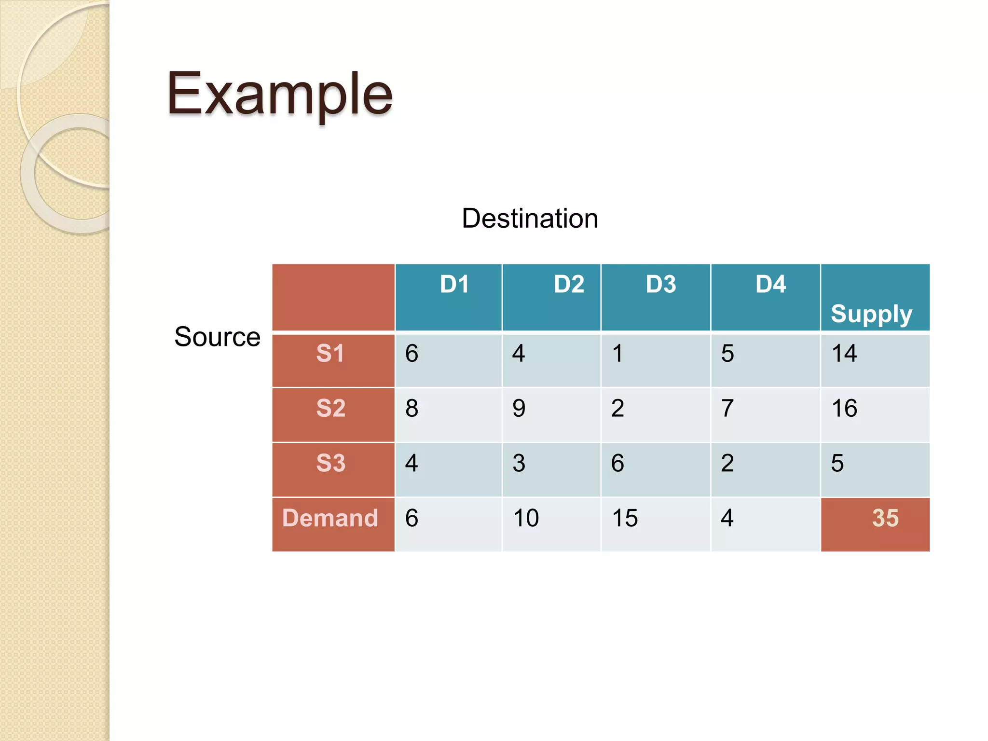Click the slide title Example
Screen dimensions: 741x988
(x=279, y=94)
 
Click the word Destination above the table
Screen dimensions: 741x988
(x=530, y=219)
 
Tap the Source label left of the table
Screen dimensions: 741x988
(x=217, y=337)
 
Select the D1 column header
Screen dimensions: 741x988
(x=454, y=284)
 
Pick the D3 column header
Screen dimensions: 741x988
(x=660, y=284)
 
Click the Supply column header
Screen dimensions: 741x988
(x=871, y=314)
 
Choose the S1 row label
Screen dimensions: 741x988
(x=330, y=353)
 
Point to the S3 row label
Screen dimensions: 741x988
(x=330, y=463)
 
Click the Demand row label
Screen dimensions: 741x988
(x=330, y=518)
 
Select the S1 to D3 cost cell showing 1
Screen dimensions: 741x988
(x=617, y=354)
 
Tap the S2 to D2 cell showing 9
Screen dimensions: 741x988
(x=519, y=409)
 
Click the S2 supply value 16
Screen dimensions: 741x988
(x=844, y=409)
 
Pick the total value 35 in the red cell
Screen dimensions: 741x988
(x=885, y=518)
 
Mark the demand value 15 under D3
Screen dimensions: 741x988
(x=625, y=519)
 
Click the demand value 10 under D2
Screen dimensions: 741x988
(x=526, y=519)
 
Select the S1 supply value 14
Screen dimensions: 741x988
(x=844, y=354)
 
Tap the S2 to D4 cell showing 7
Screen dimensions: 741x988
(x=727, y=409)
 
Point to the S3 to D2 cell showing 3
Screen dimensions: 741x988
(x=519, y=464)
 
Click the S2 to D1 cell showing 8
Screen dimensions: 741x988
(x=412, y=409)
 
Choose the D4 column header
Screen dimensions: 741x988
(x=770, y=284)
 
